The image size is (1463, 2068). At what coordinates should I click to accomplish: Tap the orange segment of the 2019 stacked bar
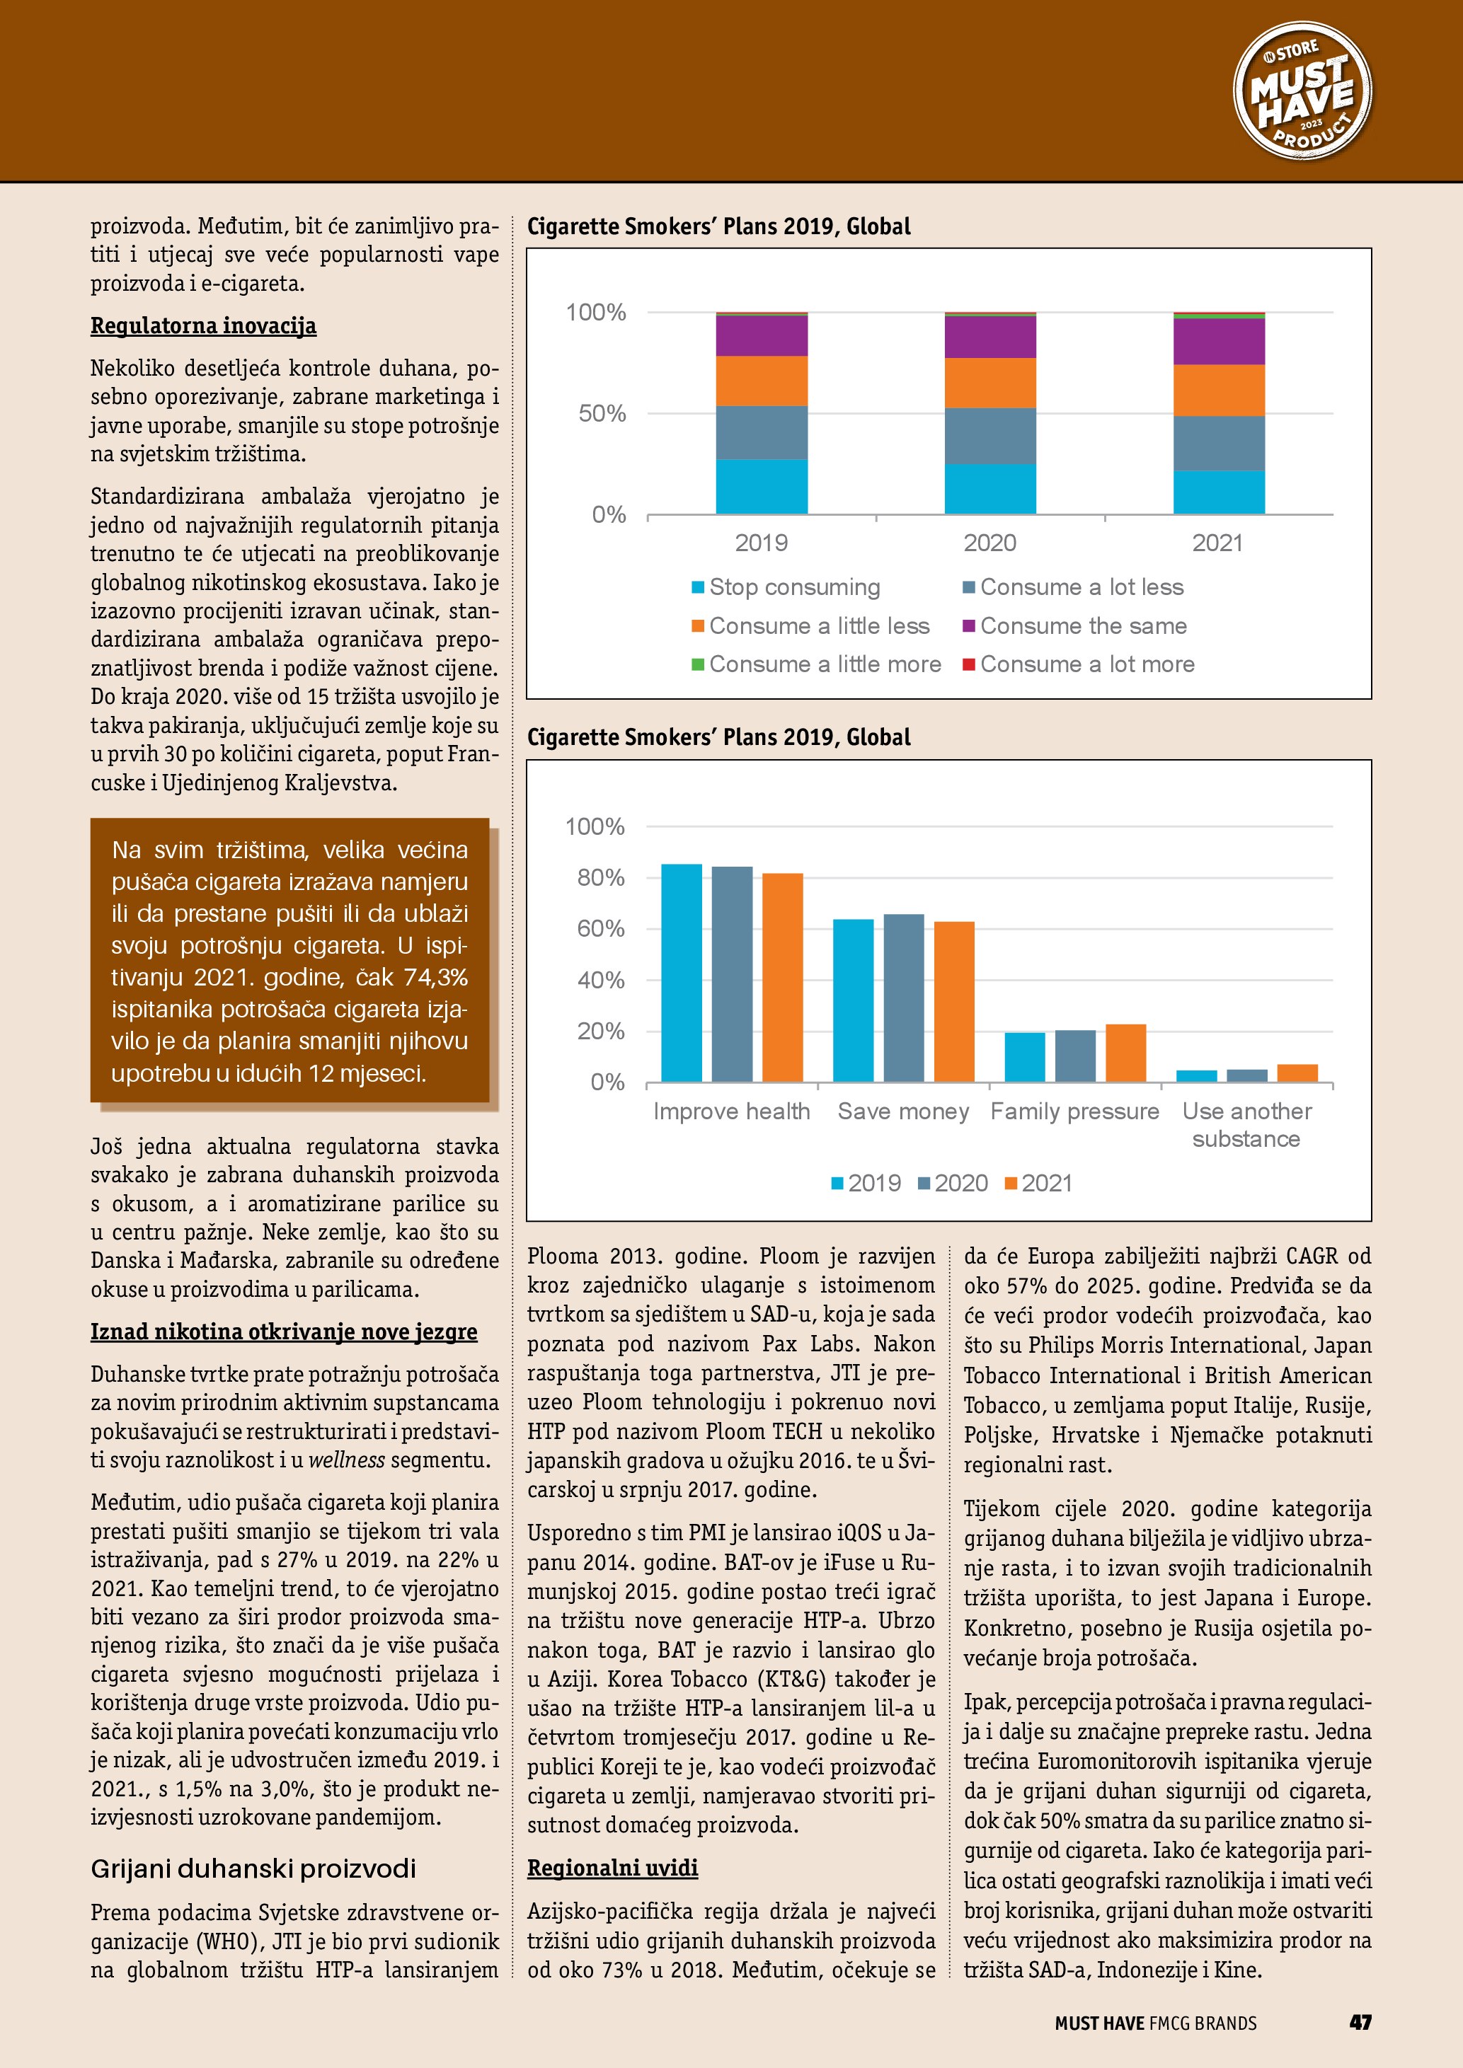coord(762,381)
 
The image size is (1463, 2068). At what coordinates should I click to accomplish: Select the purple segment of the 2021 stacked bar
coord(1218,341)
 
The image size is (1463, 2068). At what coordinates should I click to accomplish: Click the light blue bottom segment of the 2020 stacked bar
coord(989,488)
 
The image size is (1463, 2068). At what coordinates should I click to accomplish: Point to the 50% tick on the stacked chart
coord(602,413)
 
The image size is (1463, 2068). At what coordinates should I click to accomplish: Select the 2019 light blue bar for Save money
coord(852,1000)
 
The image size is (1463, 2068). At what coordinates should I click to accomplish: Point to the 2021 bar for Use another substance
coord(1297,1073)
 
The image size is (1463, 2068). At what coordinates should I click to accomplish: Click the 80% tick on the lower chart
coord(600,877)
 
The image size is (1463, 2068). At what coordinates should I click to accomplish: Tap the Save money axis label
coord(902,1111)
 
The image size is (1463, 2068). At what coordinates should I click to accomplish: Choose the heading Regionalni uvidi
coord(612,1868)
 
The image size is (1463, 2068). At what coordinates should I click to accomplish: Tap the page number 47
coord(1360,2022)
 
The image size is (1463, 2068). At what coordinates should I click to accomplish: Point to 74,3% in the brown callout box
coord(435,977)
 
